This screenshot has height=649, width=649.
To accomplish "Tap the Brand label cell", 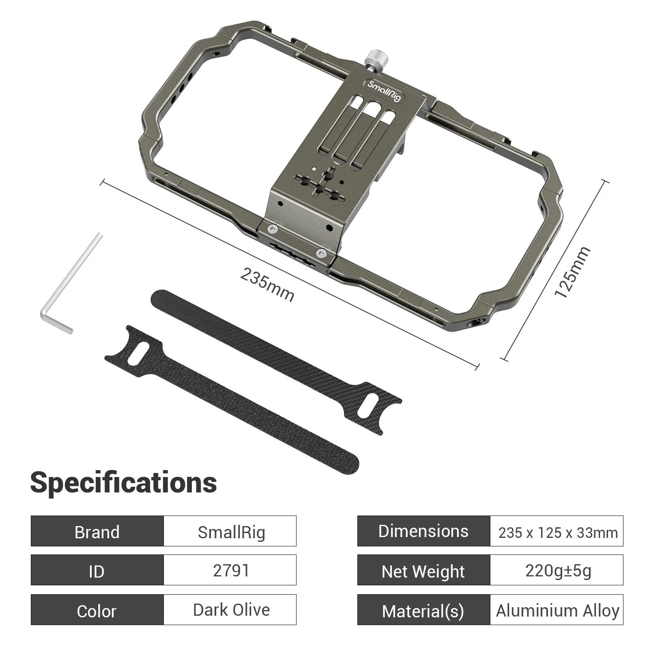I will [97, 531].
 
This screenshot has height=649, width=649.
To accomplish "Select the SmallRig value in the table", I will [230, 531].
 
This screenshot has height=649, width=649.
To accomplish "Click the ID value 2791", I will [230, 570].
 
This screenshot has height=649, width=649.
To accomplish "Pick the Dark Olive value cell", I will [230, 610].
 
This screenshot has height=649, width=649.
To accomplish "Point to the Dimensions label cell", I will [423, 531].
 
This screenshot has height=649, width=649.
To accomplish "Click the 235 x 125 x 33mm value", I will [557, 532].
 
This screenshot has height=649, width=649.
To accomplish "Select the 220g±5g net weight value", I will [557, 570].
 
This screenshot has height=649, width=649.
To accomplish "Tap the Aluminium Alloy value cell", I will [557, 610].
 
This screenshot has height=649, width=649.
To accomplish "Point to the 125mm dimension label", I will [572, 272].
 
